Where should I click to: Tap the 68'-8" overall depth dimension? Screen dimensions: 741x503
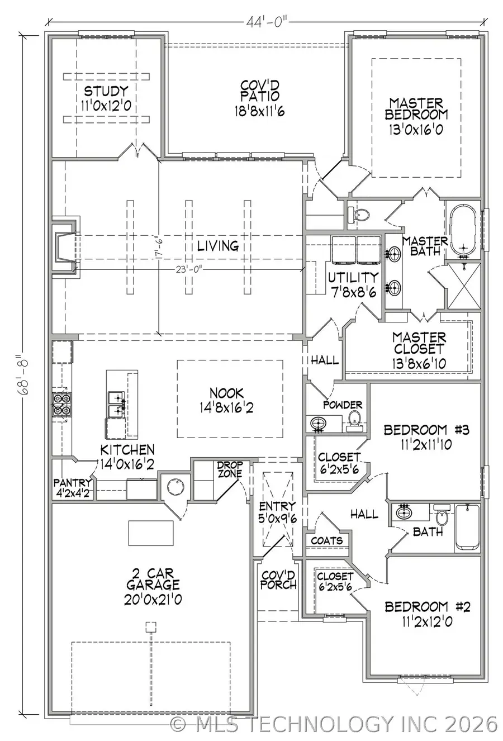25,374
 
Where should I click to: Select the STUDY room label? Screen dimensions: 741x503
106,97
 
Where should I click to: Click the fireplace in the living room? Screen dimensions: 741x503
63,246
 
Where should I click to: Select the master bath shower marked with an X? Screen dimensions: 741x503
464,286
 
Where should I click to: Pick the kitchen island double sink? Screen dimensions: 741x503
116,404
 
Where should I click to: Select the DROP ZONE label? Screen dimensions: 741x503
230,469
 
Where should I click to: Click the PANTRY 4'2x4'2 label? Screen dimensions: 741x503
73,487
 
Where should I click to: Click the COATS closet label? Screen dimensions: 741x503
326,540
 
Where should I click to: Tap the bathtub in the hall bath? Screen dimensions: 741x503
467,528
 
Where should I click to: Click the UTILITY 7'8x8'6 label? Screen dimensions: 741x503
353,283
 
